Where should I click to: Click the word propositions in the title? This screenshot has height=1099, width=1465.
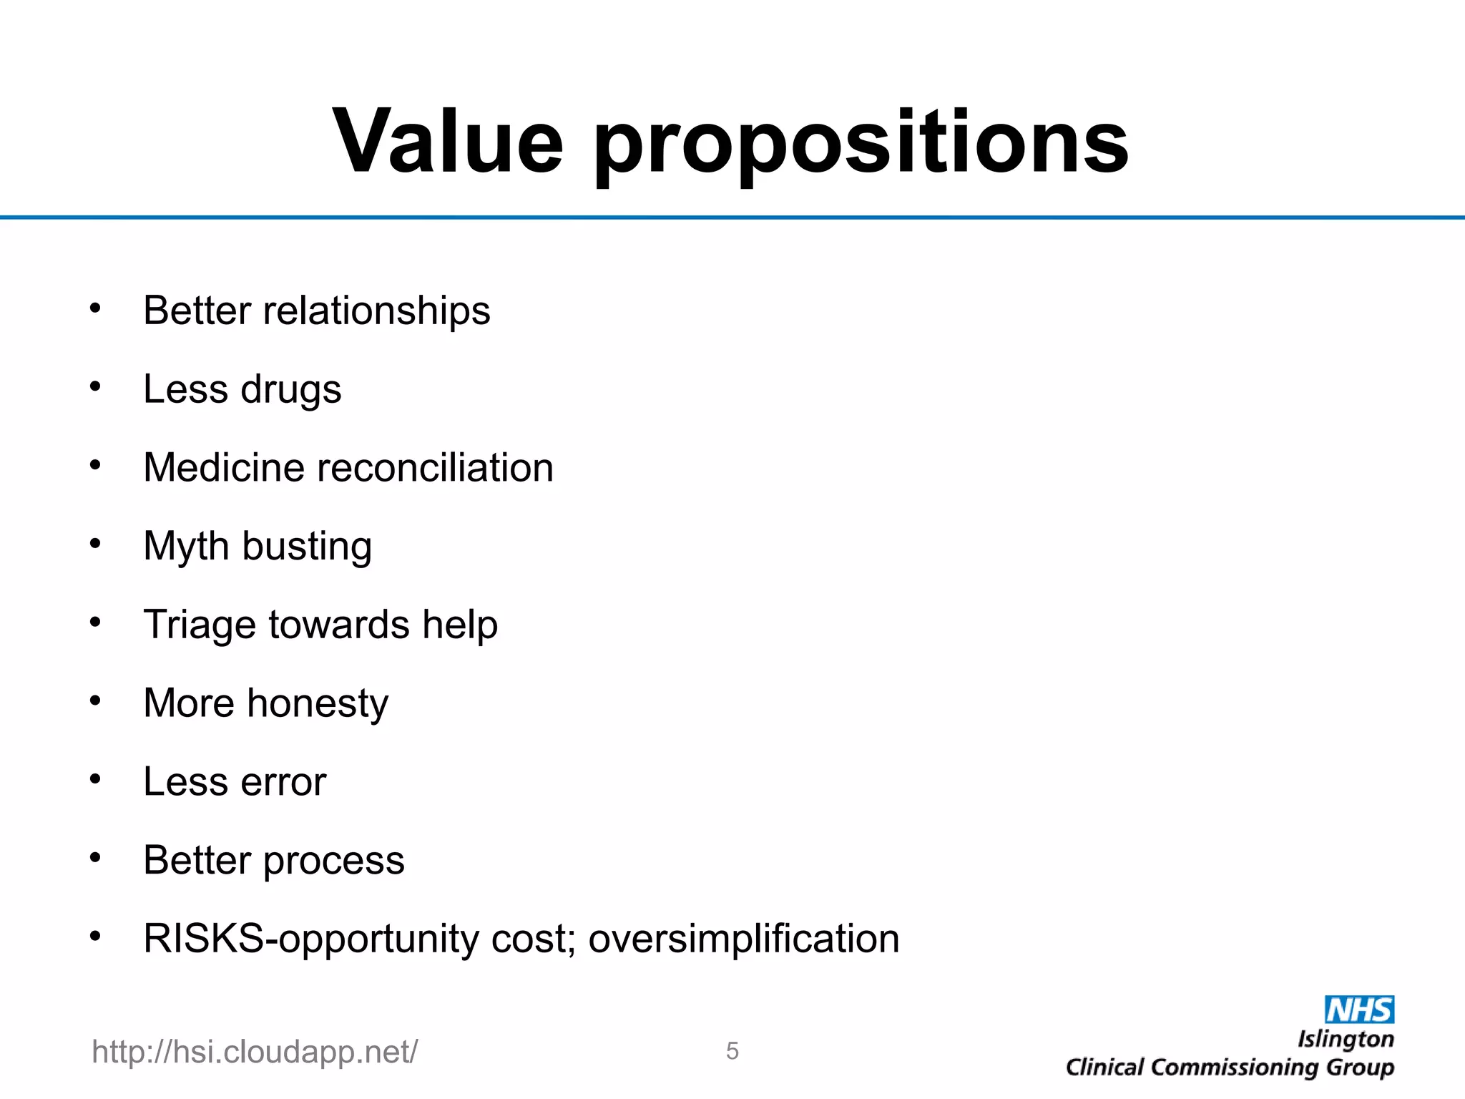point(861,147)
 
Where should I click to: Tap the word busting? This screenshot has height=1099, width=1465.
point(307,547)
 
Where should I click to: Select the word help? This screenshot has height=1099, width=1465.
point(459,625)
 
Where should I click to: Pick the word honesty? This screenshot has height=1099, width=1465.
point(317,704)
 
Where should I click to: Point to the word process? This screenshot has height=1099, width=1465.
point(333,861)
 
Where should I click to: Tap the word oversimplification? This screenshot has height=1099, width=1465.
point(743,939)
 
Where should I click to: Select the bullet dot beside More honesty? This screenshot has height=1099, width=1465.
point(95,700)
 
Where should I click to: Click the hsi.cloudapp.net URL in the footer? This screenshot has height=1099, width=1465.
point(255,1052)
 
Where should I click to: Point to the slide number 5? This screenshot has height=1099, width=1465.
point(732,1050)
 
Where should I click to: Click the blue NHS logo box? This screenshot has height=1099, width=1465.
point(1359,1010)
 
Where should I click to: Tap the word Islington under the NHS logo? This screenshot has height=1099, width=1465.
point(1346,1040)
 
